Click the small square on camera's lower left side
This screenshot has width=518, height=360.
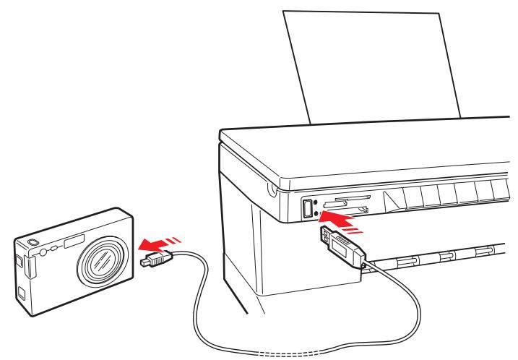click(x=22, y=296)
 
